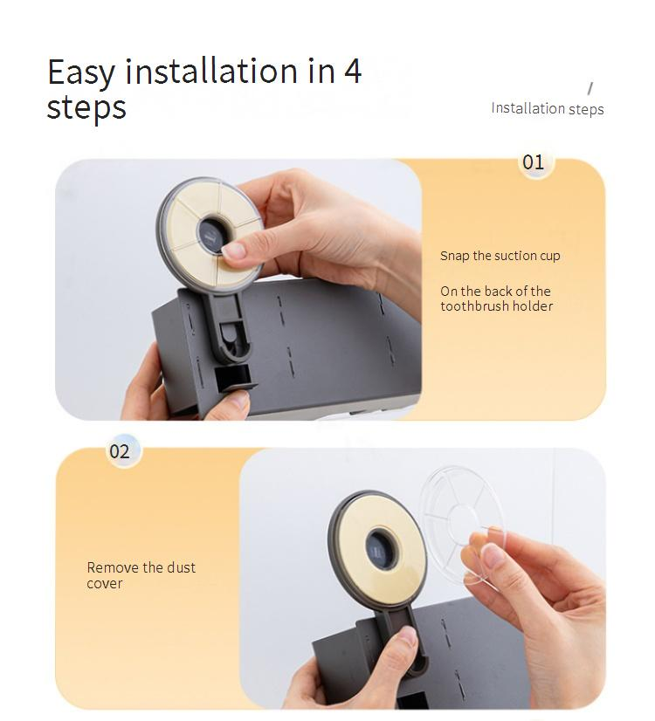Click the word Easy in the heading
(81, 72)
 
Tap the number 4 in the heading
(352, 71)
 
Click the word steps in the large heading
(86, 107)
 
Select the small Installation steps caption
(548, 108)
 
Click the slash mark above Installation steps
(590, 88)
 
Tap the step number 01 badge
(533, 162)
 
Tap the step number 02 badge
(120, 451)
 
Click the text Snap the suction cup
(500, 256)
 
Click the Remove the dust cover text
(141, 574)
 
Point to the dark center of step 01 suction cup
(212, 234)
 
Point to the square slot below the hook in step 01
(233, 376)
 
